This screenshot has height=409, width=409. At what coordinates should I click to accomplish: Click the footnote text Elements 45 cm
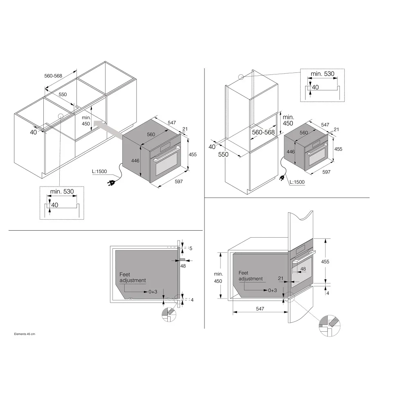25,334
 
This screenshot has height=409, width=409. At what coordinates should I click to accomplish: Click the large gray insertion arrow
108,128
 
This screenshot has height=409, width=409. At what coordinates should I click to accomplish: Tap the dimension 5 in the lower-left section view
191,248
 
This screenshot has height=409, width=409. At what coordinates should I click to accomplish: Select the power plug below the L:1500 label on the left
111,183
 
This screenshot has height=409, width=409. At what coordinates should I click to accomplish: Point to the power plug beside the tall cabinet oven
282,178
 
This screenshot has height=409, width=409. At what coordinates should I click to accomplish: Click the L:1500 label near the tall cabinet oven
297,182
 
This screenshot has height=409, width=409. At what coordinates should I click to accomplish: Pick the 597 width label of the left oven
179,182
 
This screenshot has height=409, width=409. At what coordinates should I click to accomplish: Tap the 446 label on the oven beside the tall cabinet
290,152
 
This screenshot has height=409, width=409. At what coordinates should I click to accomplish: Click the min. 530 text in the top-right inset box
322,74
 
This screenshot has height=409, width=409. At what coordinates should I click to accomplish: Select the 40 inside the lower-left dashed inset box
55,205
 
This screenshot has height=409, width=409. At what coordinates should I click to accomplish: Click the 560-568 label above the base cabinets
53,76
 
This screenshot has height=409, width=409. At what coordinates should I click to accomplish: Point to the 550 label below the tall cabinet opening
223,155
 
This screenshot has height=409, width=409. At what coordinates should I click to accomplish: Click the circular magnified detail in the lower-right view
329,326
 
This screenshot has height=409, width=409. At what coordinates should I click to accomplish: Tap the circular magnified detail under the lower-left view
169,315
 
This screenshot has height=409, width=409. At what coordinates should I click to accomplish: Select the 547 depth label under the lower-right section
260,308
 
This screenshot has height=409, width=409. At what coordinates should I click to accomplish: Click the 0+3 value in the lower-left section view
153,292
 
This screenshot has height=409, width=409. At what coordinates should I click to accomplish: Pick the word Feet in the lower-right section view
243,273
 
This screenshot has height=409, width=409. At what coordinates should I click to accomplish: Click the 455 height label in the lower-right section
325,262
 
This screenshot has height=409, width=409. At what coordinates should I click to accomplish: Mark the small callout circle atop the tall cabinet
241,77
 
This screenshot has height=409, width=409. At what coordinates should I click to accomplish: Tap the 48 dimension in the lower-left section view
183,266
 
